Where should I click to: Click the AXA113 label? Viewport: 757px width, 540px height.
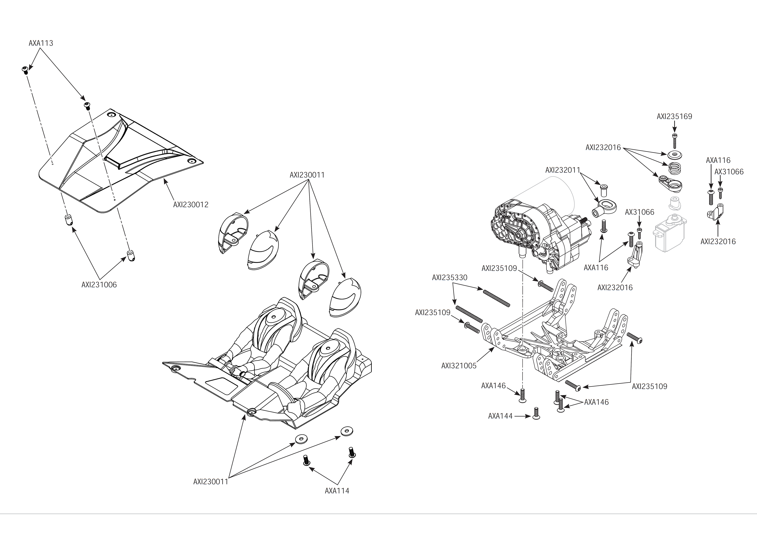(41, 43)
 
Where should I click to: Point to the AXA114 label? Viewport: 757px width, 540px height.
(337, 491)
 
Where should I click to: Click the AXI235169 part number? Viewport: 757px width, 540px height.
(674, 117)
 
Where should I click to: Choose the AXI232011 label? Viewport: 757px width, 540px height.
(562, 170)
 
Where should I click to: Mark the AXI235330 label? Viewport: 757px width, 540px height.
(449, 278)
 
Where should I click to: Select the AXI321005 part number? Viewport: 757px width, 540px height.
(459, 366)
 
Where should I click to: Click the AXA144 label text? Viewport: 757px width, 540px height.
(500, 416)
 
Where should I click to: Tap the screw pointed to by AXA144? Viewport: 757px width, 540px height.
(536, 413)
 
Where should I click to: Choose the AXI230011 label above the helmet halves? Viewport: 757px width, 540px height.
(307, 175)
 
